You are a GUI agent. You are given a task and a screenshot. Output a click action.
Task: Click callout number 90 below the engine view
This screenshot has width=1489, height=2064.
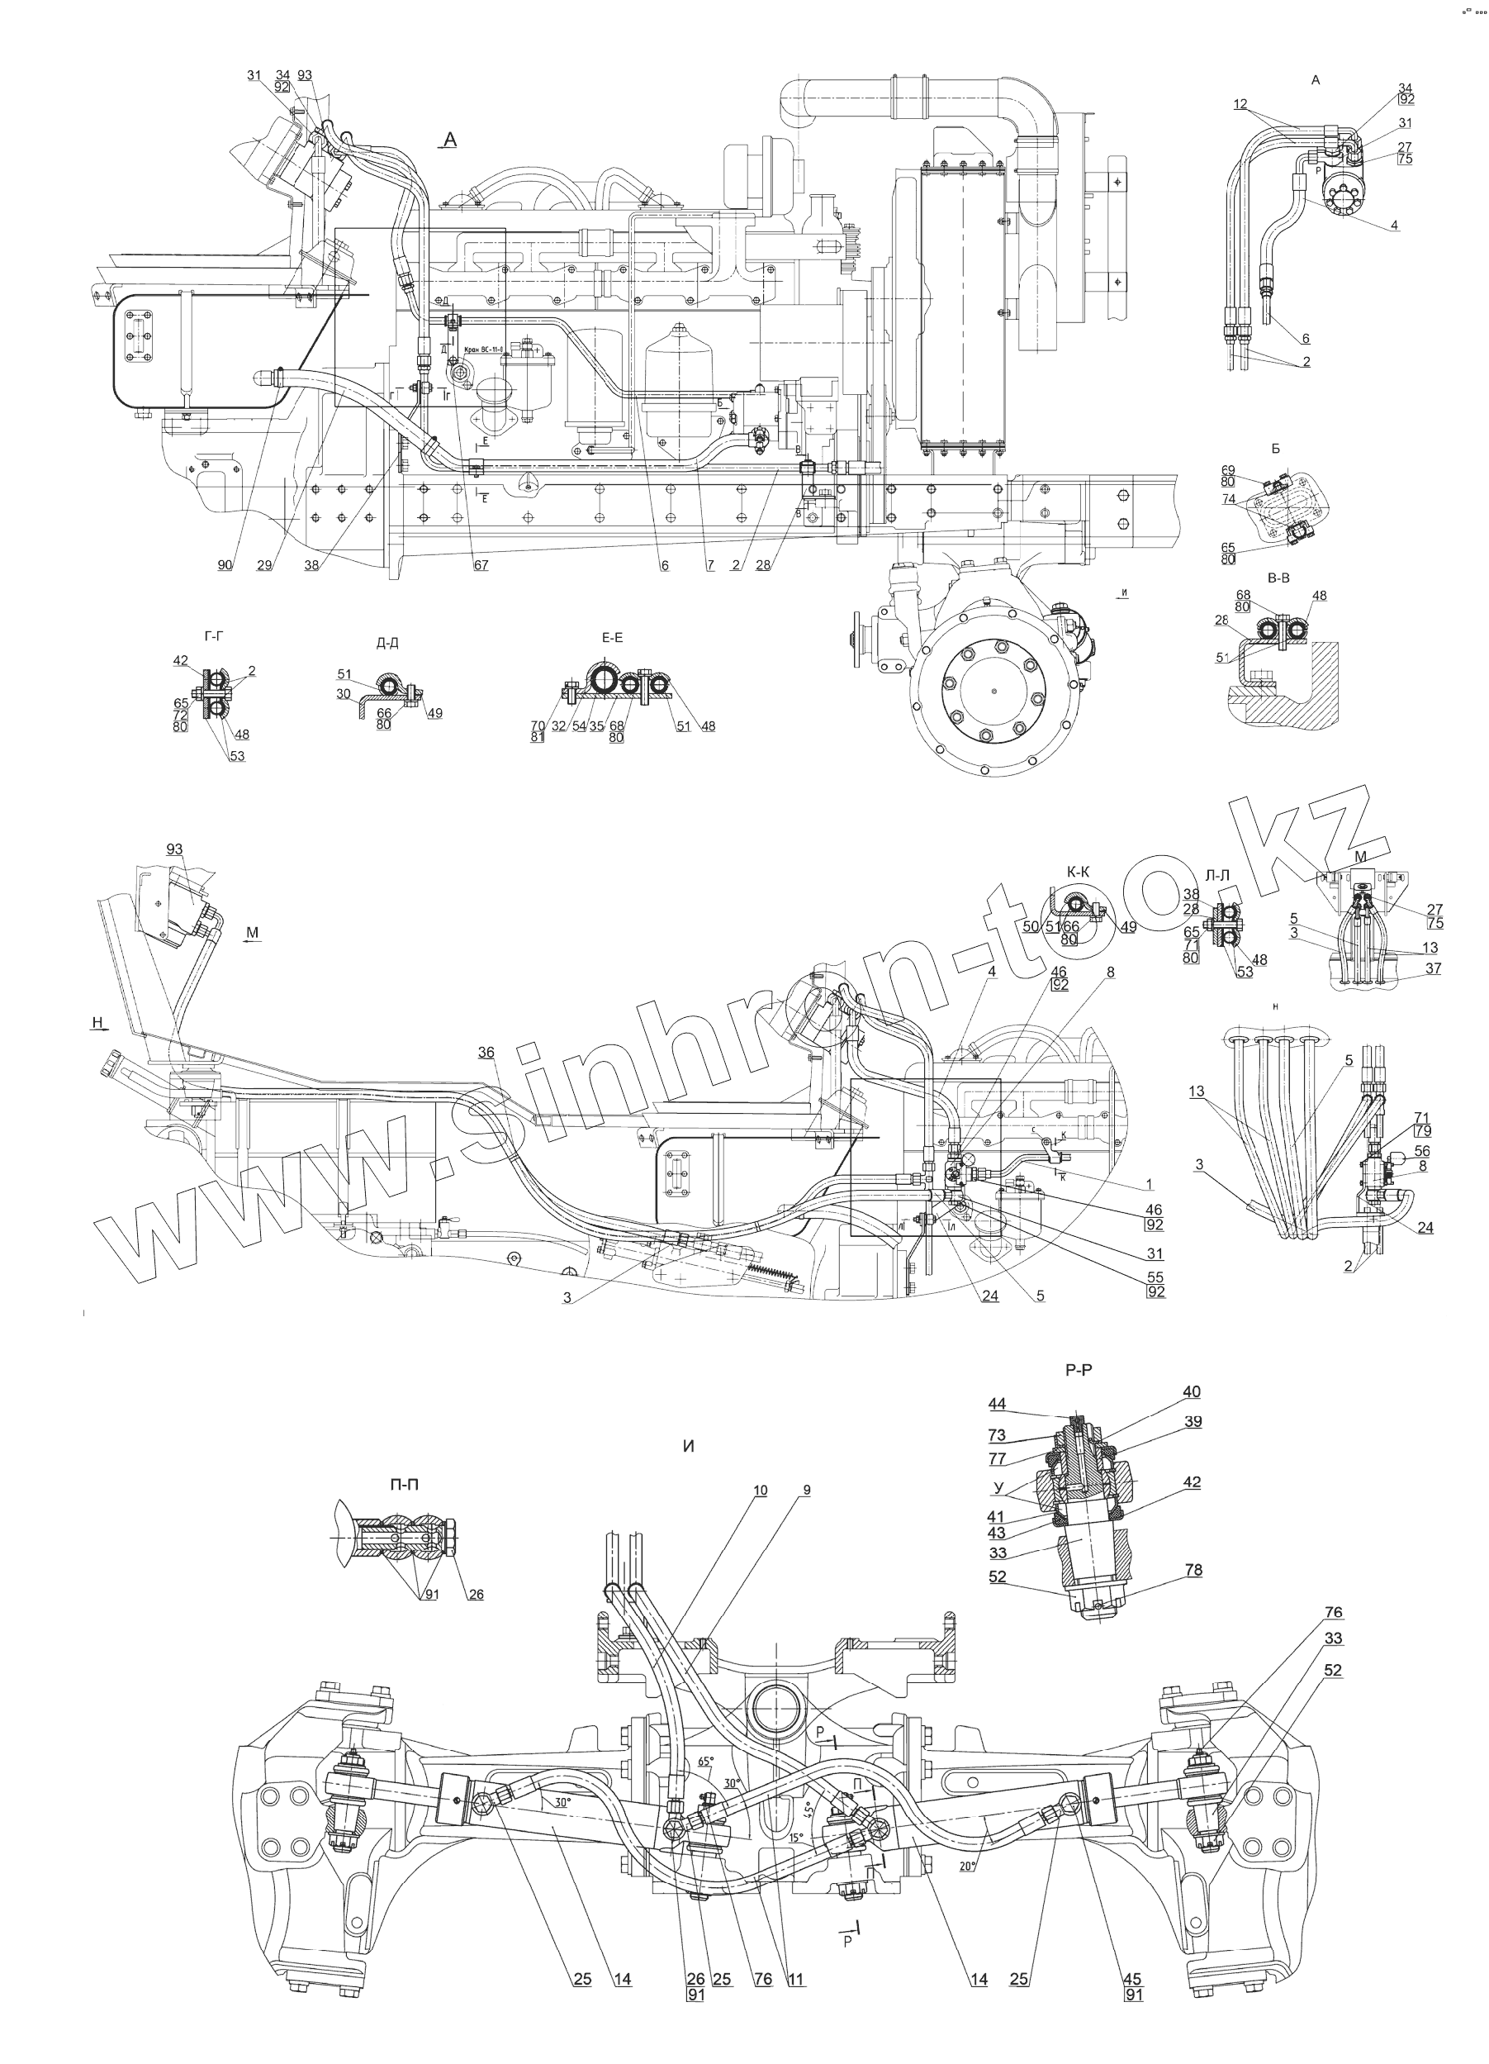(x=225, y=565)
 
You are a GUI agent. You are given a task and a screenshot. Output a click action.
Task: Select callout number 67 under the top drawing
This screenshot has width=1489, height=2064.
(x=481, y=565)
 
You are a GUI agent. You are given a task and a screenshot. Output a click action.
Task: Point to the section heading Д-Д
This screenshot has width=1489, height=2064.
(x=387, y=644)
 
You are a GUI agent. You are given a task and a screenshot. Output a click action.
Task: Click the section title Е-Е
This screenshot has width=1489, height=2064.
(x=612, y=637)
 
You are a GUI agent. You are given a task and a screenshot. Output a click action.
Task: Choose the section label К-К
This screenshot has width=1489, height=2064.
(x=1078, y=872)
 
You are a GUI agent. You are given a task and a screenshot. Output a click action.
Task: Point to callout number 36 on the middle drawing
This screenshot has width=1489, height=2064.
(x=486, y=1051)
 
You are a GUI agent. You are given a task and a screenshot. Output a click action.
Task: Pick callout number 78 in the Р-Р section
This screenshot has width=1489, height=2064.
(x=1193, y=1570)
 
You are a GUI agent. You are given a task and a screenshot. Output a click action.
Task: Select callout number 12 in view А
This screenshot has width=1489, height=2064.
(x=1240, y=104)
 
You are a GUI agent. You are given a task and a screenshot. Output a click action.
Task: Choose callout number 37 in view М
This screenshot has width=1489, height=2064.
(x=1434, y=968)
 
